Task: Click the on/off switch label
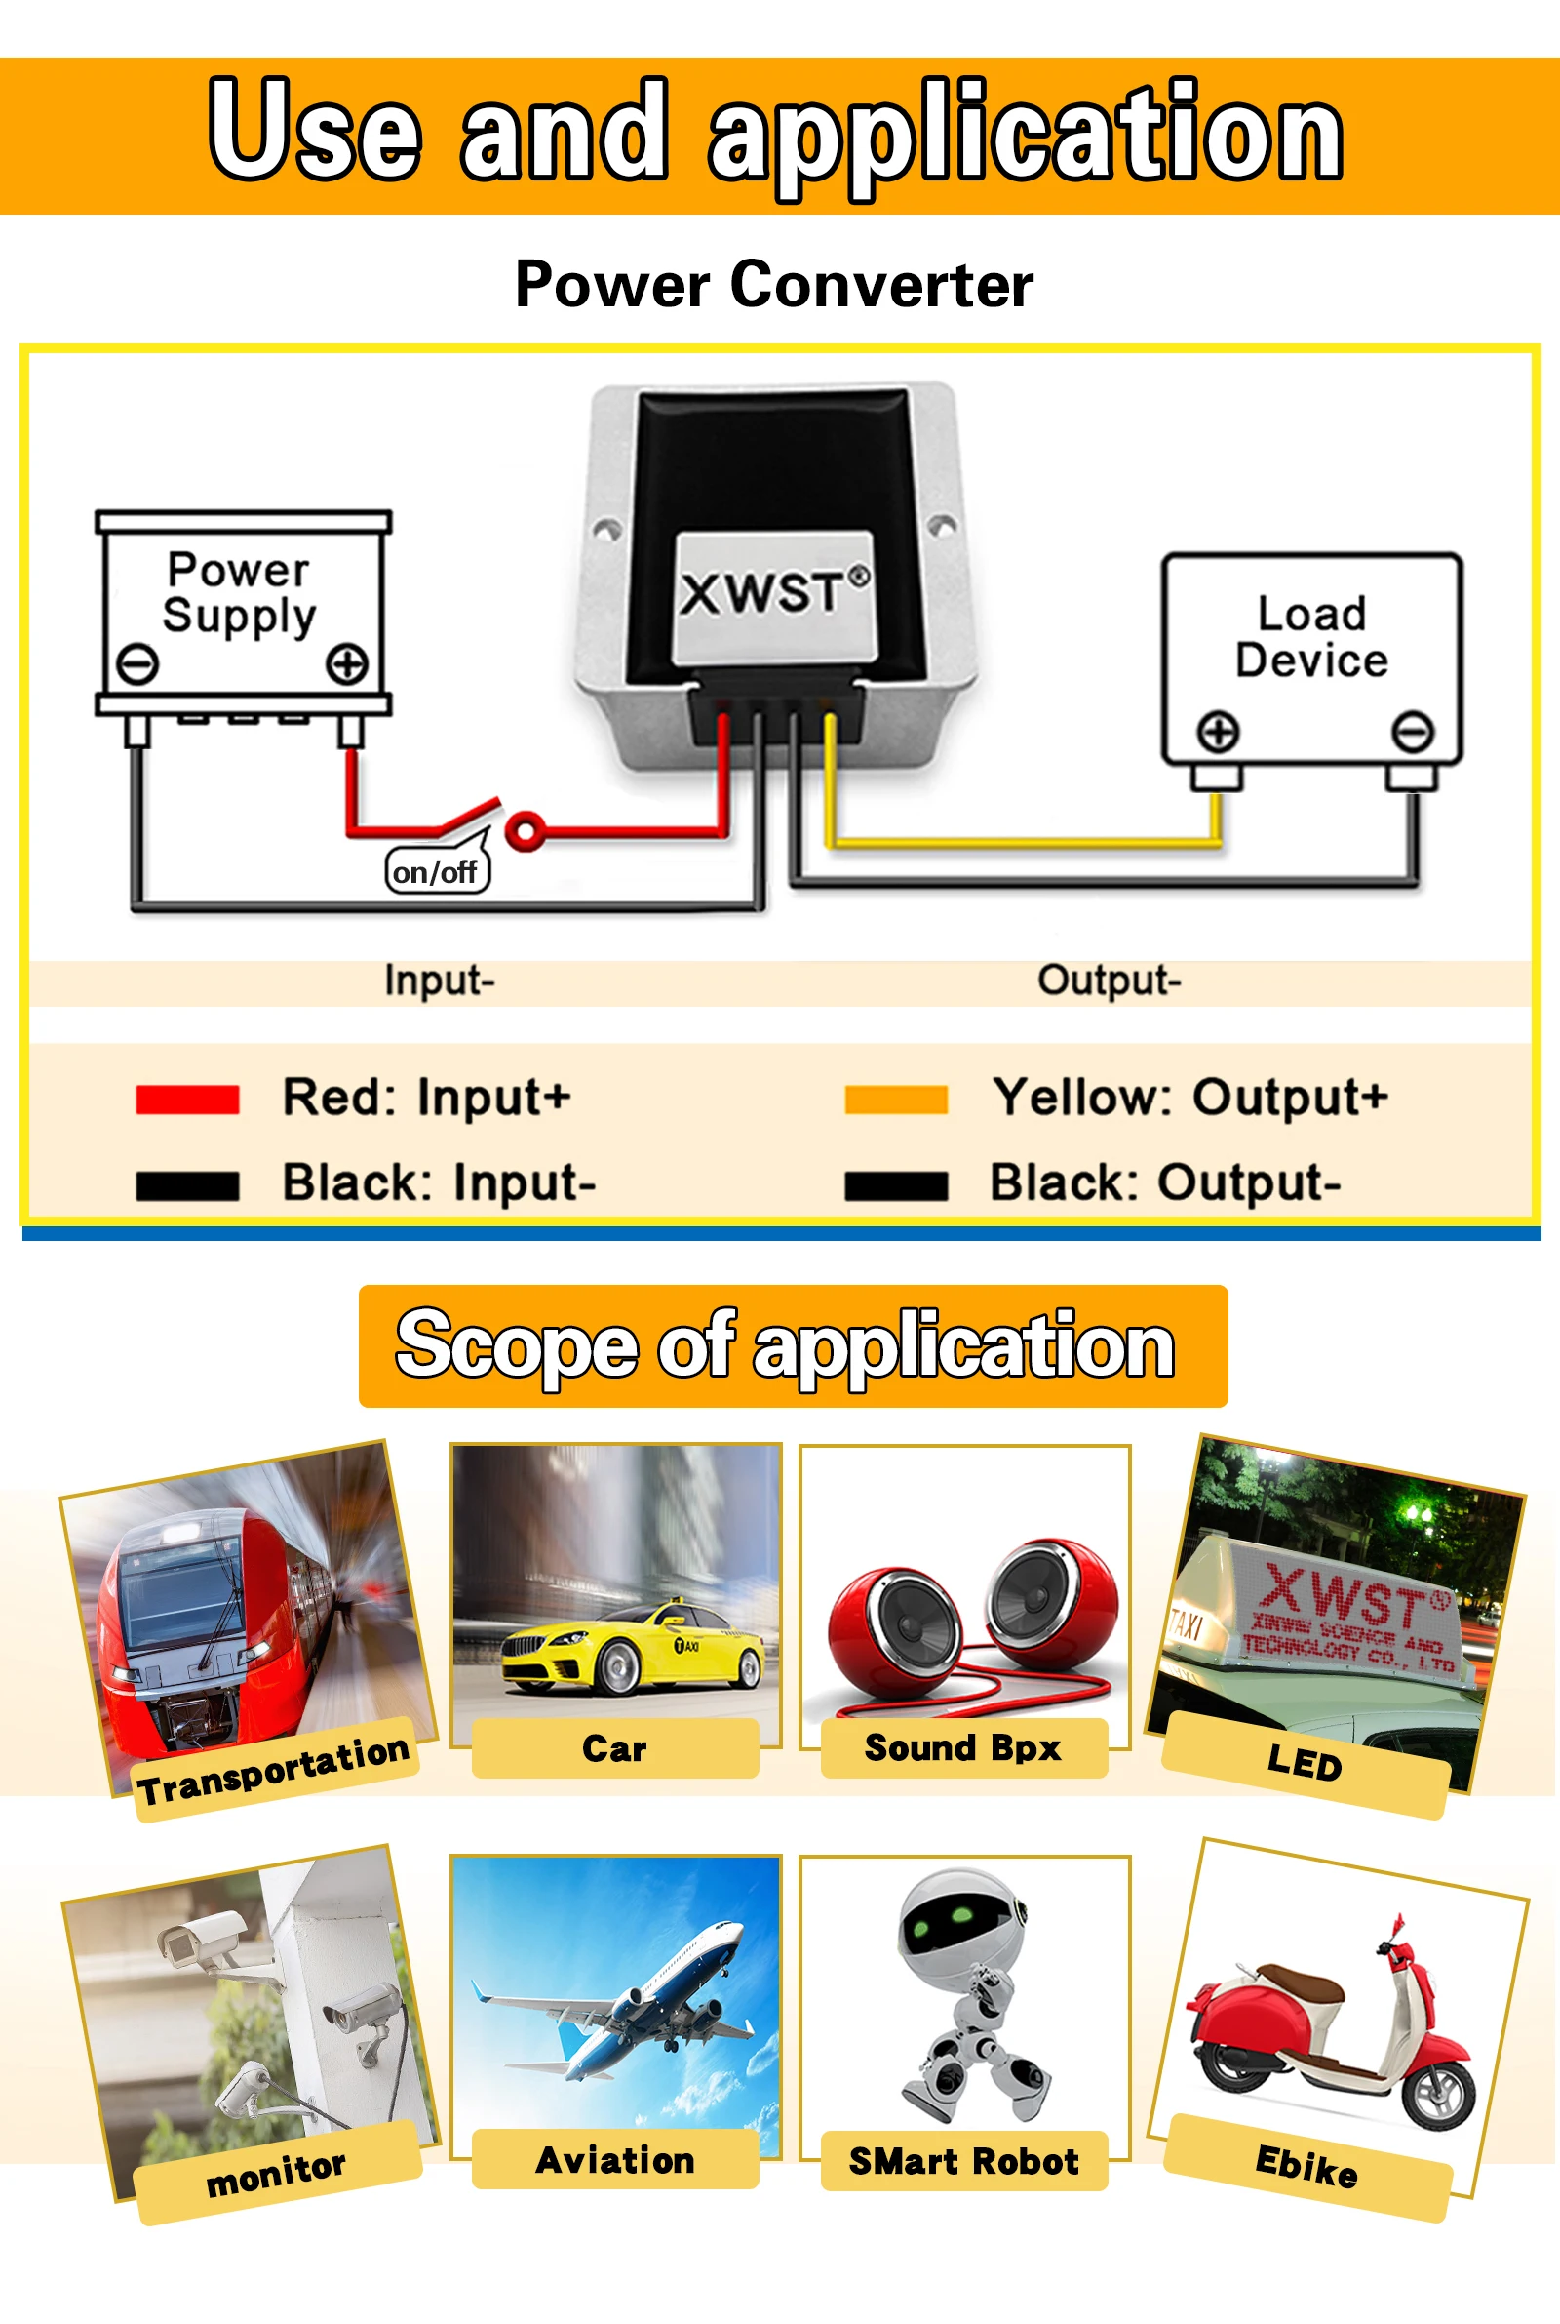click(x=437, y=872)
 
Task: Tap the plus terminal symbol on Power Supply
click(x=347, y=663)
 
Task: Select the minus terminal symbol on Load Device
click(x=1412, y=732)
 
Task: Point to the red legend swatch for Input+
click(x=187, y=1099)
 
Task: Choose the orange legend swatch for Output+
click(x=895, y=1099)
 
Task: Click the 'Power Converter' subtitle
click(x=774, y=286)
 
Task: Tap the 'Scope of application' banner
click(x=793, y=1345)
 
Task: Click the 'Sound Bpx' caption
click(x=963, y=1747)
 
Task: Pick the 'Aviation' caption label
click(x=615, y=2160)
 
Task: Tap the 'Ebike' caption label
click(x=1306, y=2167)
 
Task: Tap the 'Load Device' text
click(x=1311, y=637)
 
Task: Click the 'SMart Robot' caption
click(x=963, y=2161)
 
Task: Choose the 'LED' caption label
click(x=1305, y=1765)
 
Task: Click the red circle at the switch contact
click(x=526, y=829)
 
